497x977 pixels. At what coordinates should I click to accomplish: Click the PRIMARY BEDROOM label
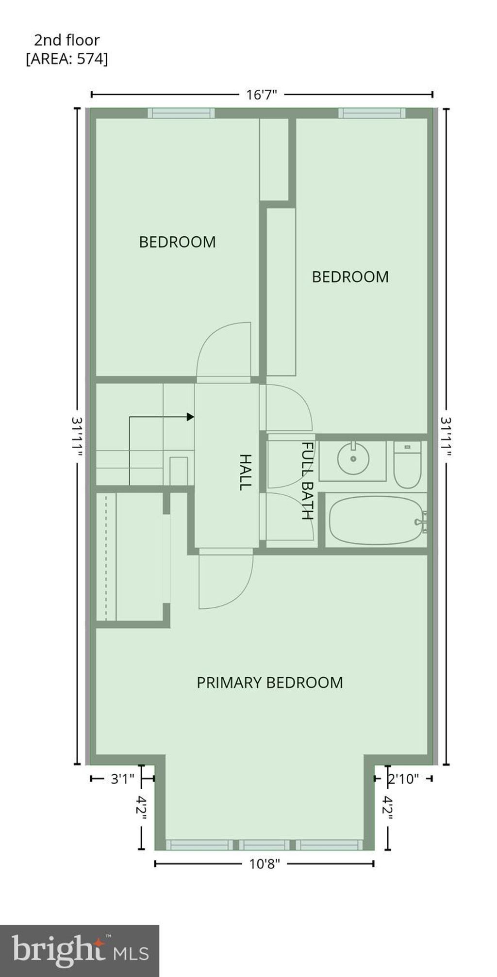coord(269,683)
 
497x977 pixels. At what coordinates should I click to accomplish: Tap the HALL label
coord(246,472)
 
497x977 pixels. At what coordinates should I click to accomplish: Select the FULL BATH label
coord(308,480)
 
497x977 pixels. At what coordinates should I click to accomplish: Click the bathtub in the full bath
coord(375,520)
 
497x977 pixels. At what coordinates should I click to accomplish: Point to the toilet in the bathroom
coord(407,465)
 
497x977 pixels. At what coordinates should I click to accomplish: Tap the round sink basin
coord(353,458)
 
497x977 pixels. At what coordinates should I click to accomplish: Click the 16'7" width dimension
coord(261,95)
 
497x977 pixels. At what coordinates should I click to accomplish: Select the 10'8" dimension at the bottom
coord(264,864)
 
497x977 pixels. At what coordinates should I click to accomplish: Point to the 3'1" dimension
coord(122,779)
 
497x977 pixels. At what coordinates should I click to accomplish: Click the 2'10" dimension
coord(403,779)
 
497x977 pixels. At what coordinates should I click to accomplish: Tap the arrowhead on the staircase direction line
coord(191,417)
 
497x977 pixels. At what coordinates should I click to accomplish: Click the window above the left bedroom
coord(181,113)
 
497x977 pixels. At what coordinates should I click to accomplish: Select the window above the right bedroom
coord(372,113)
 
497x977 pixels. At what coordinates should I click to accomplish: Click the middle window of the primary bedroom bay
coord(265,845)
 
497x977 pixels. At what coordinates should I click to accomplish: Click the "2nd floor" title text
coord(67,40)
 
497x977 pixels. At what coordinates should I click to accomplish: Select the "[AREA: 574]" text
coord(67,59)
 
